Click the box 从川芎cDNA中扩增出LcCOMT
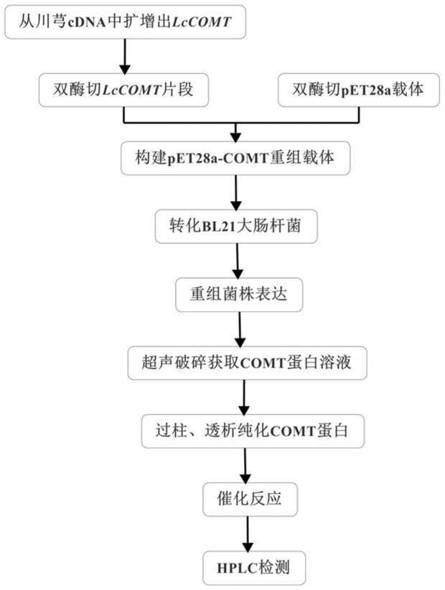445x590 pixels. pyautogui.click(x=126, y=22)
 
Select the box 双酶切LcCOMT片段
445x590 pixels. pyautogui.click(x=123, y=90)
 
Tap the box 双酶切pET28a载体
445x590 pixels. pyautogui.click(x=359, y=90)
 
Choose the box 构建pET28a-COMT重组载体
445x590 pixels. pyautogui.click(x=235, y=158)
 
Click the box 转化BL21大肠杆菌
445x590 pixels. pyautogui.click(x=236, y=227)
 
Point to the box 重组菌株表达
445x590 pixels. pyautogui.click(x=239, y=294)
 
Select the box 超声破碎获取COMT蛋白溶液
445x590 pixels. pyautogui.click(x=247, y=362)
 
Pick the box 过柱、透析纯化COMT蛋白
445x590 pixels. pyautogui.click(x=253, y=431)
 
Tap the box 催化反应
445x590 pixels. pyautogui.click(x=250, y=500)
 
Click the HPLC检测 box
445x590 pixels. pyautogui.click(x=254, y=568)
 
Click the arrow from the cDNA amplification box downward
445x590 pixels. pyautogui.click(x=125, y=56)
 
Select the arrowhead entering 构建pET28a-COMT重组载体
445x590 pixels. pyautogui.click(x=235, y=137)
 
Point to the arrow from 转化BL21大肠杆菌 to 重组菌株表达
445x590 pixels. pyautogui.click(x=238, y=261)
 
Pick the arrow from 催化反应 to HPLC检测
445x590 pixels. pyautogui.click(x=248, y=534)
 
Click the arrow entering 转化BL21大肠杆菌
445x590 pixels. pyautogui.click(x=236, y=192)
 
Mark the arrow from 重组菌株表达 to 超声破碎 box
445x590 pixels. pyautogui.click(x=240, y=329)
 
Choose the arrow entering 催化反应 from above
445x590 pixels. pyautogui.click(x=245, y=465)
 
